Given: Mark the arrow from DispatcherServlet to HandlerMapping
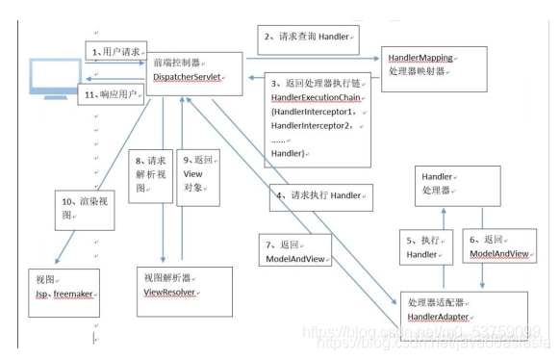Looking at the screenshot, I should point(308,58).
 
